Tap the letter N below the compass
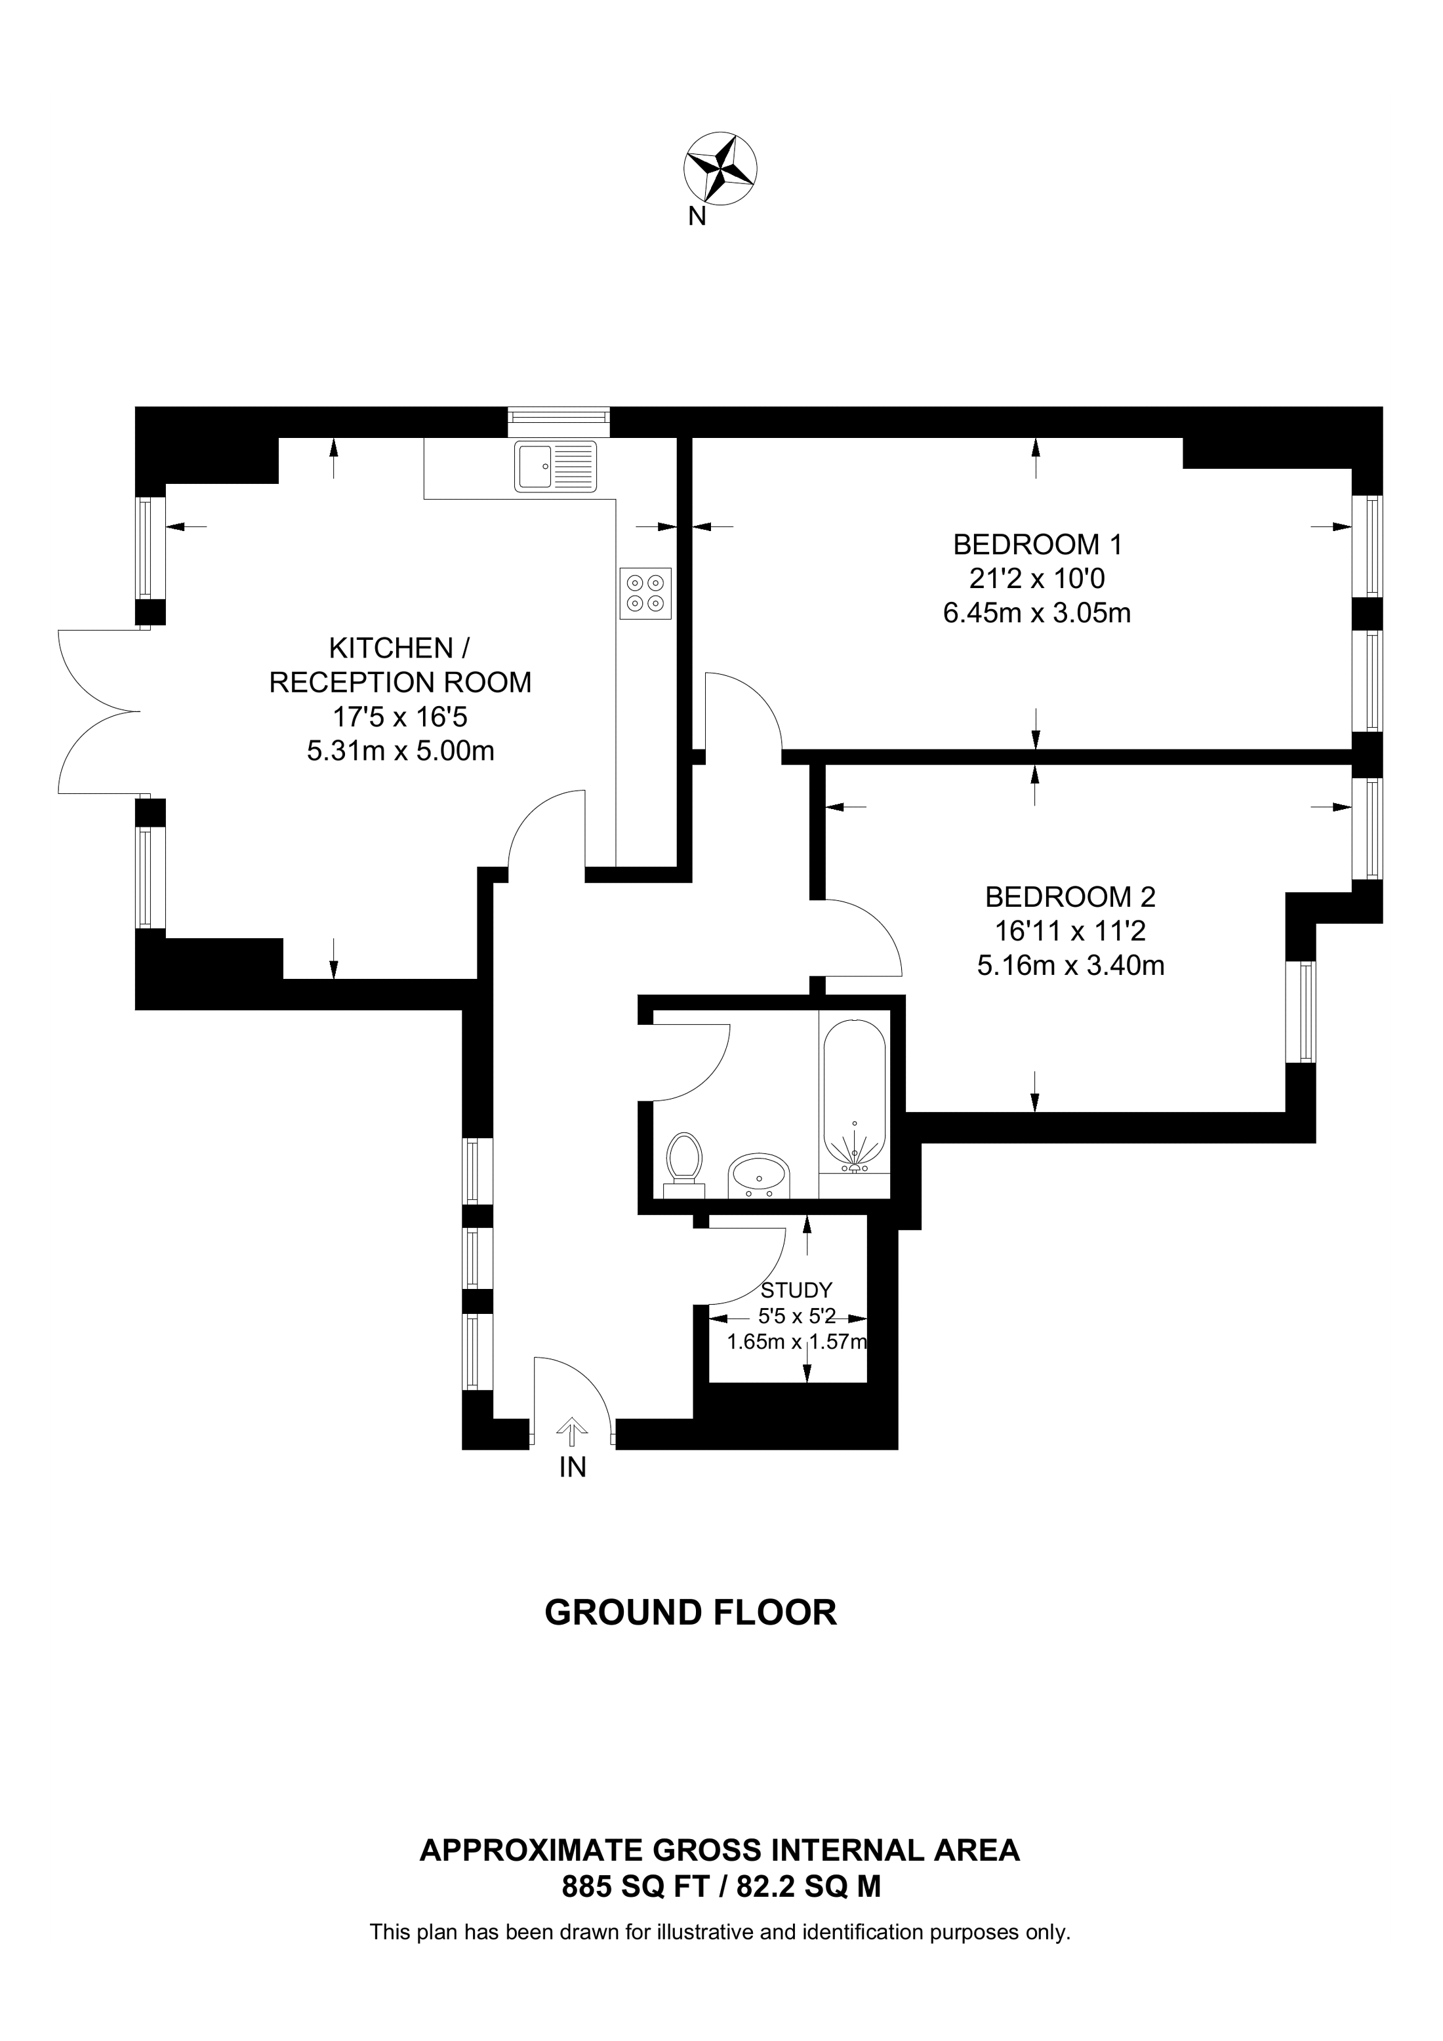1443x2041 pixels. point(697,216)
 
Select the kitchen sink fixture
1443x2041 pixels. point(555,466)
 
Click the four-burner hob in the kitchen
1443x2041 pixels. point(645,593)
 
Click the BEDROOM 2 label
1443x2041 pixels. point(1070,896)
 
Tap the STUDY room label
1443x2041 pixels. point(797,1290)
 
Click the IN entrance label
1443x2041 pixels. point(573,1467)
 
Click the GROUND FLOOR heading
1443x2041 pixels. point(690,1612)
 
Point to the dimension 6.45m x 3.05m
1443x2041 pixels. point(1037,614)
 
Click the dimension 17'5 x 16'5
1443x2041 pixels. point(400,717)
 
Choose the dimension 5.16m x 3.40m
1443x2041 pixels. point(1070,965)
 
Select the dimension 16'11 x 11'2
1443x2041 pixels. point(1070,931)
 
